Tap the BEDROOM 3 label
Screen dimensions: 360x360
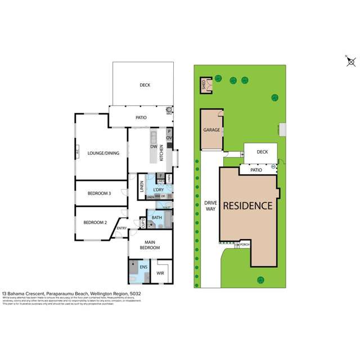click(98, 193)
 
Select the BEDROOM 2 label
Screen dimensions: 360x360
click(95, 222)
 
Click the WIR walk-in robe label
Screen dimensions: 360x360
click(160, 274)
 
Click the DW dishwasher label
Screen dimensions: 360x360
click(153, 147)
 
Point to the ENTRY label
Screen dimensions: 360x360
click(121, 228)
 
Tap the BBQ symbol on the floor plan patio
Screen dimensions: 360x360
click(168, 110)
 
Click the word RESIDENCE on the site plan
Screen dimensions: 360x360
click(249, 205)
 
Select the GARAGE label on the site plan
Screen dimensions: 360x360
click(211, 130)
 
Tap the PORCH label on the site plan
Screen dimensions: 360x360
click(244, 245)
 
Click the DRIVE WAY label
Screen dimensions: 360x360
click(210, 206)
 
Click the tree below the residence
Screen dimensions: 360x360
click(260, 280)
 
